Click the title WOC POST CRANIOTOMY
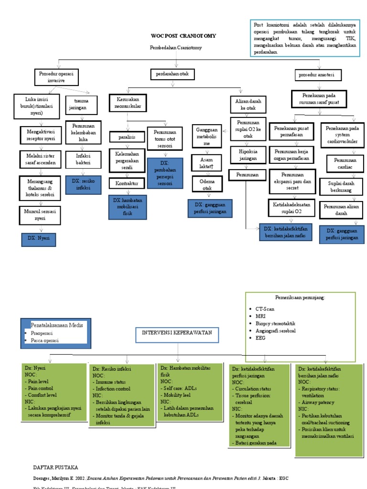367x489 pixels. pos(183,36)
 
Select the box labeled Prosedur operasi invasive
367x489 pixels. pos(56,77)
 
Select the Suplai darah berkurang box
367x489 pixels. pos(341,186)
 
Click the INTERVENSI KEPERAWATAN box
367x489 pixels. pos(177,334)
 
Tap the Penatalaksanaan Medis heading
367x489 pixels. pos(56,325)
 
